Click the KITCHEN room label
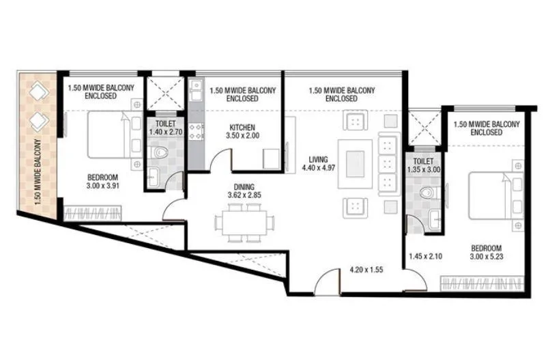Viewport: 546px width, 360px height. click(x=242, y=128)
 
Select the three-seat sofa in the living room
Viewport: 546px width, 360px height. click(x=386, y=164)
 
